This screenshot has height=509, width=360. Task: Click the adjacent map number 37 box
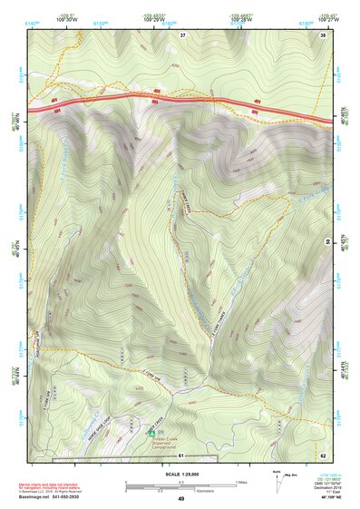182,34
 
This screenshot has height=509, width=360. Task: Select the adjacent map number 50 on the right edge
327,241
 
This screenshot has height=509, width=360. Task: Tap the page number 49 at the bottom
180,499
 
